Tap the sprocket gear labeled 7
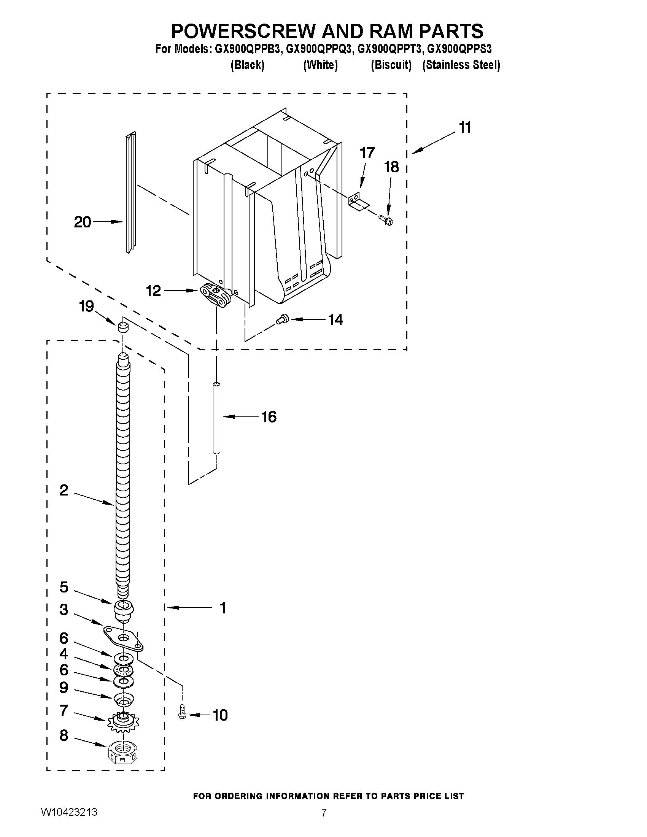123,722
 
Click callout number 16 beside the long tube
269,416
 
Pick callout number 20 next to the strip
83,222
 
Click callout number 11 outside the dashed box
464,127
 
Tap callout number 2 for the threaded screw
64,490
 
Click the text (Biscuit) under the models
391,65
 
